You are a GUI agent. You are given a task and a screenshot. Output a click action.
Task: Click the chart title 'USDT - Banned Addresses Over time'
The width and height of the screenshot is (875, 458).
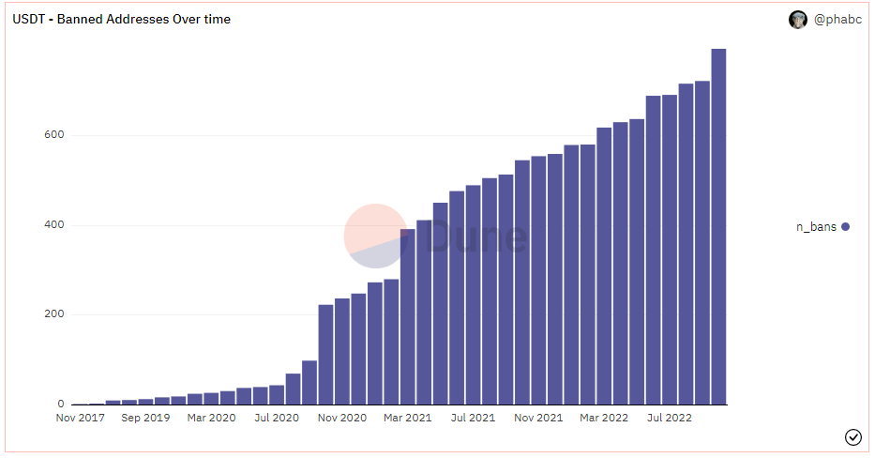coord(121,19)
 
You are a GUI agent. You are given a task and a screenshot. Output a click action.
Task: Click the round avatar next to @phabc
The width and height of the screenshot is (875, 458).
coord(798,20)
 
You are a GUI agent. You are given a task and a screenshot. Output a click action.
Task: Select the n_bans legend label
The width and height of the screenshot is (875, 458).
coord(816,226)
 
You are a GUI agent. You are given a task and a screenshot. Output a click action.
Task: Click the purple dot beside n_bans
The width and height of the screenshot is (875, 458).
coord(845,226)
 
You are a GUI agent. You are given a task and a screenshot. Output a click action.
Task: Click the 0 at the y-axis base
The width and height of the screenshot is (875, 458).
coord(59,405)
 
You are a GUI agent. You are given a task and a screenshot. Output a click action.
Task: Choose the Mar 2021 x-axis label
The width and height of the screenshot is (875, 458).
coord(406,418)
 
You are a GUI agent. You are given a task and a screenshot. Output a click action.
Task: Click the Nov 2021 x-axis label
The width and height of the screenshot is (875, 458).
coord(537,418)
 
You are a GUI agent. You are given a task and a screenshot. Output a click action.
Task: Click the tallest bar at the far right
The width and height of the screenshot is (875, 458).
coord(718,225)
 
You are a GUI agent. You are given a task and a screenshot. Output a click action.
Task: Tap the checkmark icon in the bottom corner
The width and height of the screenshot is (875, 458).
coord(852,436)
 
